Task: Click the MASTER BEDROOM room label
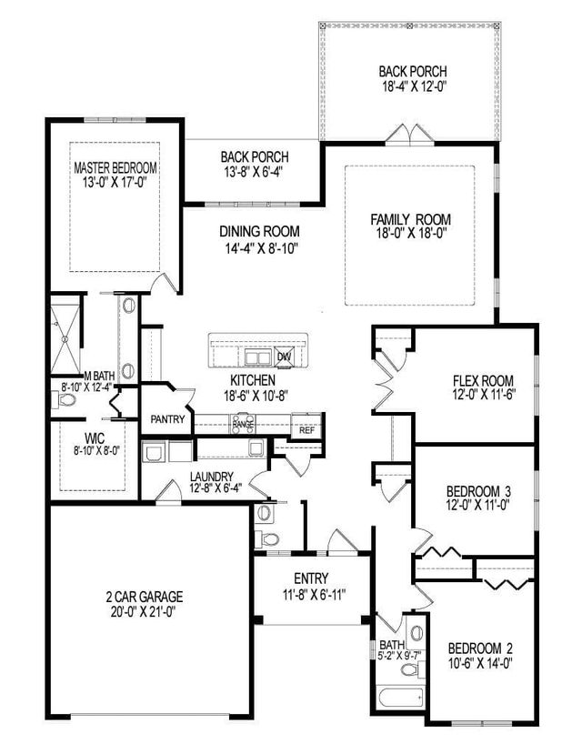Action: point(115,168)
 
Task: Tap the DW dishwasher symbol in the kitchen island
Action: point(284,357)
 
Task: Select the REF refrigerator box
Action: point(307,430)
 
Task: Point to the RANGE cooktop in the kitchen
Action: point(243,423)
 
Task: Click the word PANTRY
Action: point(168,420)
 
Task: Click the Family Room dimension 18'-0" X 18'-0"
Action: point(411,236)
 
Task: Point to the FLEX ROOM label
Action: point(484,380)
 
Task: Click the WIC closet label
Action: point(95,438)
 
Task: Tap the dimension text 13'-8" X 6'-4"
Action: point(249,171)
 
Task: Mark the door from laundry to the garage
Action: point(167,495)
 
